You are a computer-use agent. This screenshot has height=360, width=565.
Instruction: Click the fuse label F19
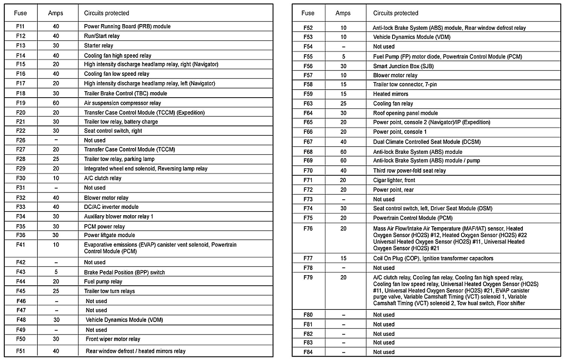pyautogui.click(x=21, y=103)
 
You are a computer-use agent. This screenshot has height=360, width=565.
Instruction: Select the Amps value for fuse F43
pyautogui.click(x=56, y=272)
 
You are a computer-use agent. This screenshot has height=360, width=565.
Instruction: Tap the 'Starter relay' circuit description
pyautogui.click(x=98, y=46)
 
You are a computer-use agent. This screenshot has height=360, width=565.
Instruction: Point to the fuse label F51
pyautogui.click(x=21, y=351)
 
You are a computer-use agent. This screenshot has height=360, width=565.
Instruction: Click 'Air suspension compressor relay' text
pyautogui.click(x=122, y=103)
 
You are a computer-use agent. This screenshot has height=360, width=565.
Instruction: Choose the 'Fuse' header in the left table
pyautogui.click(x=20, y=13)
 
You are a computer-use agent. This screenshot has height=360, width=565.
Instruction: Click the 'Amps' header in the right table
pyautogui.click(x=343, y=13)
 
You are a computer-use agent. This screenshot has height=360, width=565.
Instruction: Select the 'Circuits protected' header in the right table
pyautogui.click(x=395, y=13)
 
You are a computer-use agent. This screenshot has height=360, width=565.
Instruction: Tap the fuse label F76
pyautogui.click(x=308, y=228)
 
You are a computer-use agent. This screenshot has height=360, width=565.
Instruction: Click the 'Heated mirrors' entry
pyautogui.click(x=391, y=94)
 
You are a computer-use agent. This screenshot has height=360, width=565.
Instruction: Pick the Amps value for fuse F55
pyautogui.click(x=343, y=57)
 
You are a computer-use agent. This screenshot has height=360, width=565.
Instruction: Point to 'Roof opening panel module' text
pyautogui.click(x=405, y=113)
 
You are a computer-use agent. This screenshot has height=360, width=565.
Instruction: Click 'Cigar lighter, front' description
pyautogui.click(x=394, y=180)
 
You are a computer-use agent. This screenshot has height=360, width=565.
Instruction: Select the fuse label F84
pyautogui.click(x=308, y=352)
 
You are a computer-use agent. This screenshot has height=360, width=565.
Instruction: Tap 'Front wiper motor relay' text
pyautogui.click(x=113, y=339)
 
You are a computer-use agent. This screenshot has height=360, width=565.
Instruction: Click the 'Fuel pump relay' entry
pyautogui.click(x=103, y=282)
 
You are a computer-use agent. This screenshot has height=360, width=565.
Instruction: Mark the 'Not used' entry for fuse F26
pyautogui.click(x=95, y=140)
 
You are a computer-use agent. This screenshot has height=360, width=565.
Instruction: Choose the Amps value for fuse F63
pyautogui.click(x=343, y=104)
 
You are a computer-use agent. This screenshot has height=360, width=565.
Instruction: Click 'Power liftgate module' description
pyautogui.click(x=109, y=235)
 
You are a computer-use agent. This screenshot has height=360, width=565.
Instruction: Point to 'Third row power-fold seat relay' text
pyautogui.click(x=409, y=171)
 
